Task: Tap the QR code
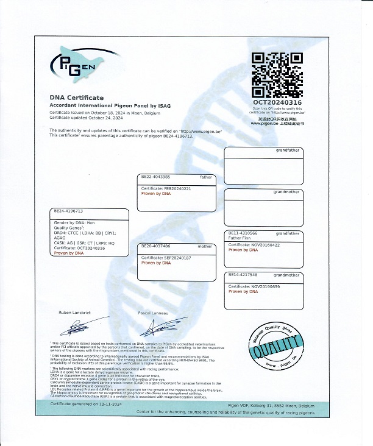[277, 76]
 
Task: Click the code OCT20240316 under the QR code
[277, 103]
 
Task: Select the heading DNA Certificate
[77, 97]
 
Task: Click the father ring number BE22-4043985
[156, 177]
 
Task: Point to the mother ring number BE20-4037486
[156, 246]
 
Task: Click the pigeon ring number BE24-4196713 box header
[68, 211]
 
